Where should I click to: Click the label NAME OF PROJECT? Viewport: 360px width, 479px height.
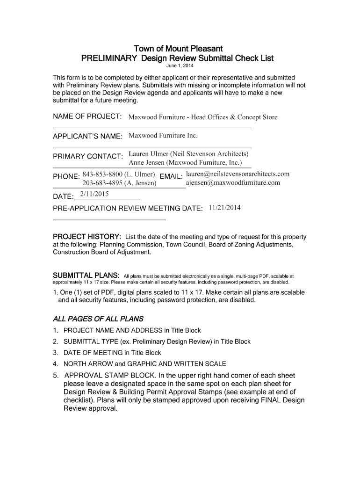[x=87, y=116]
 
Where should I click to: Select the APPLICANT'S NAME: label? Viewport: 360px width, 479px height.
[x=87, y=136]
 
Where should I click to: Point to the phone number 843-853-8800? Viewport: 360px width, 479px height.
[x=102, y=174]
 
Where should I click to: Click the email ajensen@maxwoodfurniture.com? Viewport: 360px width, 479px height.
[x=233, y=183]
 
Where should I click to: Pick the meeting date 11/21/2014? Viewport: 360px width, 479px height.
[x=225, y=207]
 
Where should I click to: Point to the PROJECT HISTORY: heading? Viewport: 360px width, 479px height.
[x=87, y=236]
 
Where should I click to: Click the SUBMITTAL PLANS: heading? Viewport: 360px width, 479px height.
[x=86, y=275]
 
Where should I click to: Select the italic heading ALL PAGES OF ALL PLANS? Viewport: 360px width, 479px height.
[x=98, y=319]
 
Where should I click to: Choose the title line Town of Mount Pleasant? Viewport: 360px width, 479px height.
[x=178, y=49]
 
